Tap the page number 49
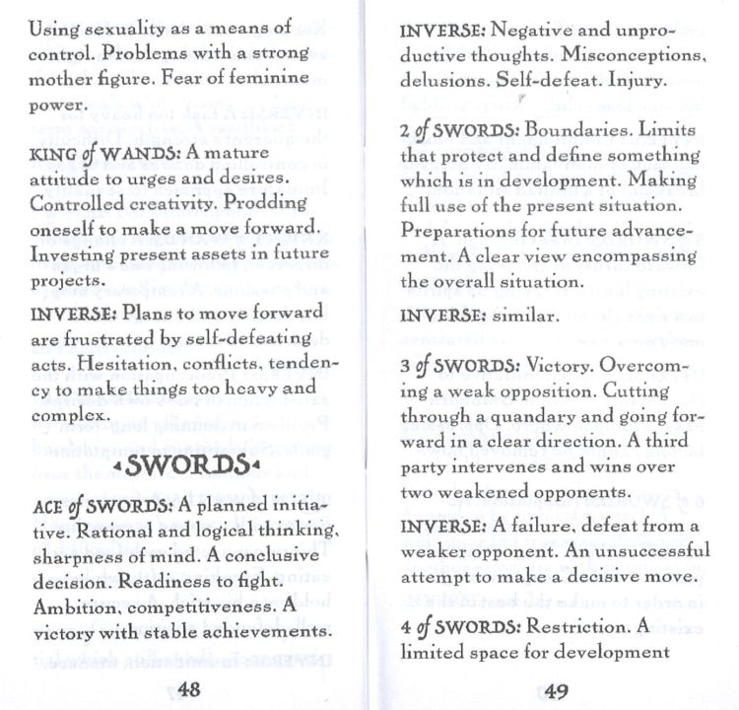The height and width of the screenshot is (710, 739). point(556,689)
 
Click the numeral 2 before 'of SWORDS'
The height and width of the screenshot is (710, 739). point(404,131)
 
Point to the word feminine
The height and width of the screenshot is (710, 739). point(268,77)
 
